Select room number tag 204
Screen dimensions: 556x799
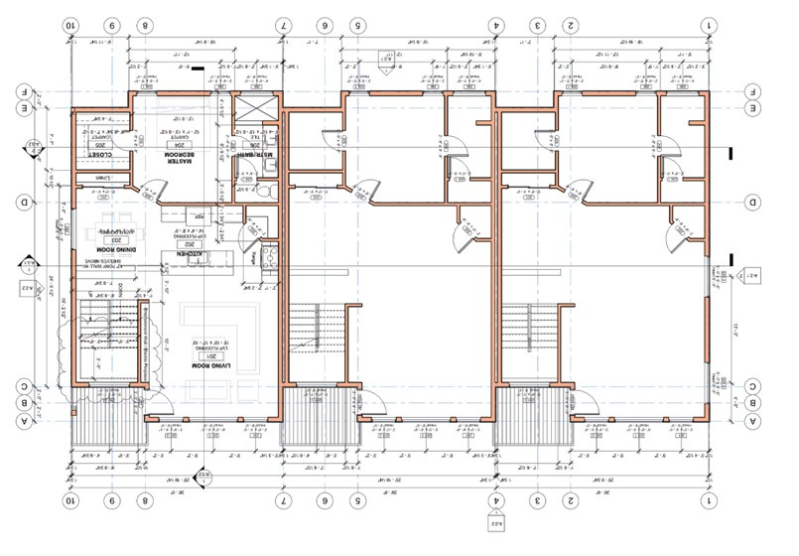184,144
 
